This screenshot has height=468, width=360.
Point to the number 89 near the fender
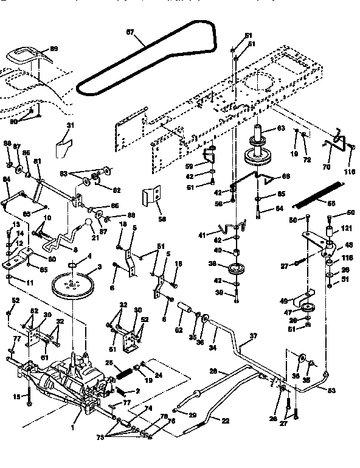tap(53, 48)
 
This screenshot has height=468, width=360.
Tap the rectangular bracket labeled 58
tap(151, 197)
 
